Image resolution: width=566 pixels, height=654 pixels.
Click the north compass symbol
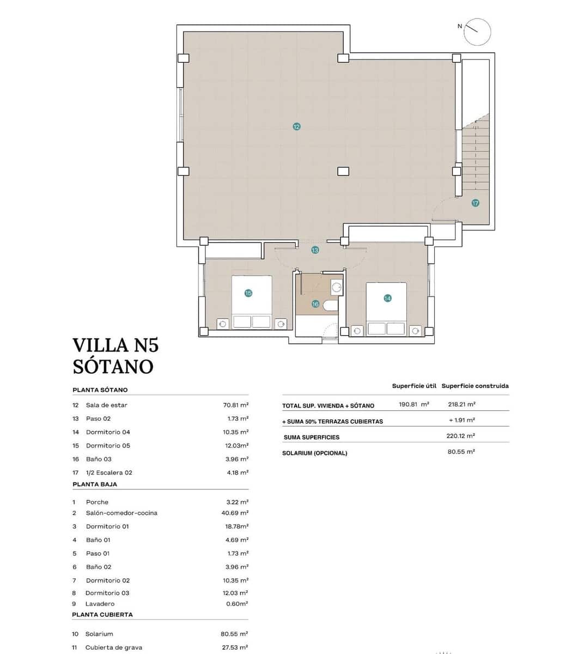click(478, 32)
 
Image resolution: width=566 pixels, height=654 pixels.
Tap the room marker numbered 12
click(296, 126)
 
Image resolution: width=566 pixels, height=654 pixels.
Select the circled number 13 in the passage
click(315, 250)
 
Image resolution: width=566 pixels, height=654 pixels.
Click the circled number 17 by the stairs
click(476, 203)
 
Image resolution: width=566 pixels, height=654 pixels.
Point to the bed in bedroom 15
click(252, 302)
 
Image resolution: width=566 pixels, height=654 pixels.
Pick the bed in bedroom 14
click(386, 308)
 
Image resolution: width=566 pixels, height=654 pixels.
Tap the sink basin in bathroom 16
click(337, 287)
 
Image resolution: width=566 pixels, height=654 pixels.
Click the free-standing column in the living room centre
click(343, 171)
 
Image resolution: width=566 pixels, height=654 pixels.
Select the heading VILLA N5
click(115, 345)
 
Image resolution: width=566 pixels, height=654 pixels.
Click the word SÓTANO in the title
click(113, 366)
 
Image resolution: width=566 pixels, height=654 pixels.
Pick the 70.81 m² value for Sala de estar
click(236, 405)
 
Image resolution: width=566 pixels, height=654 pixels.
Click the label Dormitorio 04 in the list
click(108, 432)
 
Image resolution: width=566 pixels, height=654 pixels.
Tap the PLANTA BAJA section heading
click(95, 484)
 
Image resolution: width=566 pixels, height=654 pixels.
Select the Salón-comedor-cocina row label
click(121, 513)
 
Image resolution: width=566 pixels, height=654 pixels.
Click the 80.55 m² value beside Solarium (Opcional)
click(461, 452)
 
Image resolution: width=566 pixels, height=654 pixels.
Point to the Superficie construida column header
click(475, 386)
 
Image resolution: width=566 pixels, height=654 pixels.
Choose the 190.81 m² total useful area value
click(414, 404)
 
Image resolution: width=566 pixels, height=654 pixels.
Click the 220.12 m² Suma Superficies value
click(461, 436)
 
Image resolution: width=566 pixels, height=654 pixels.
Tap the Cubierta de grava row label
click(113, 647)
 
